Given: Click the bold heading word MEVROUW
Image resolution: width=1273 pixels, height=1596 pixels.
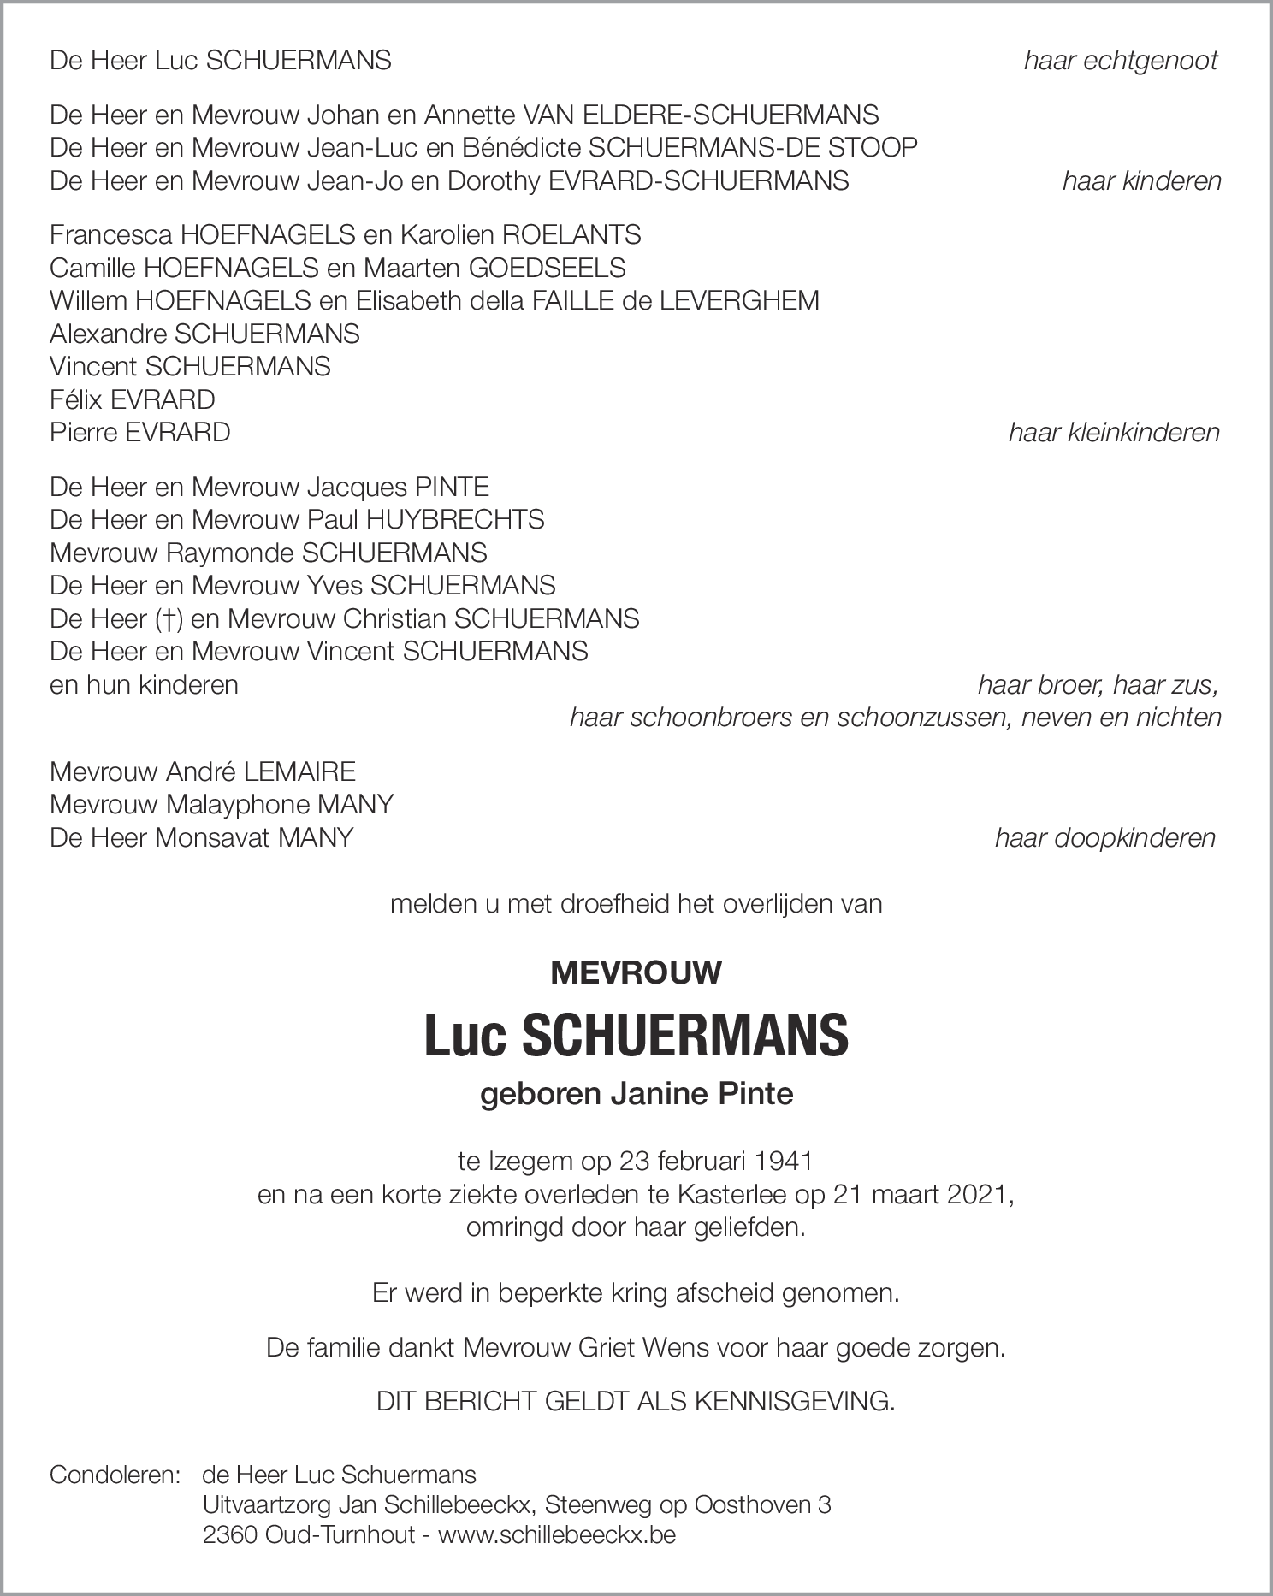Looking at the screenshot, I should click(636, 972).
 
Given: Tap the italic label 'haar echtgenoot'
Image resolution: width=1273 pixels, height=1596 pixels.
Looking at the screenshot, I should click(1121, 61).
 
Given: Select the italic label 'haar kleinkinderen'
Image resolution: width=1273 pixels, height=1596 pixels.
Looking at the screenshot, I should click(1114, 433).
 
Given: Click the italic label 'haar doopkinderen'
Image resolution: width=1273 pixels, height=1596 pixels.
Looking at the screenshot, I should click(1104, 837).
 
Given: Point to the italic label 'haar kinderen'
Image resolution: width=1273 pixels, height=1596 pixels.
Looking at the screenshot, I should click(1141, 181).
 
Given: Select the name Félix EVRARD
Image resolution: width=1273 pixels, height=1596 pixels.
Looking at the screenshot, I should click(133, 399).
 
